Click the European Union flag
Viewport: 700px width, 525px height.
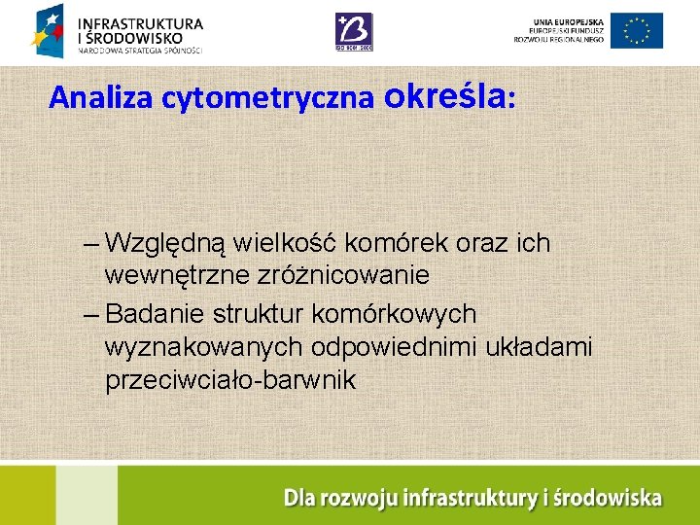pyautogui.click(x=637, y=31)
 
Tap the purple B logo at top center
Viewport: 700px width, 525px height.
pyautogui.click(x=353, y=31)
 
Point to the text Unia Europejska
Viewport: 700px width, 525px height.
pyautogui.click(x=567, y=21)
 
